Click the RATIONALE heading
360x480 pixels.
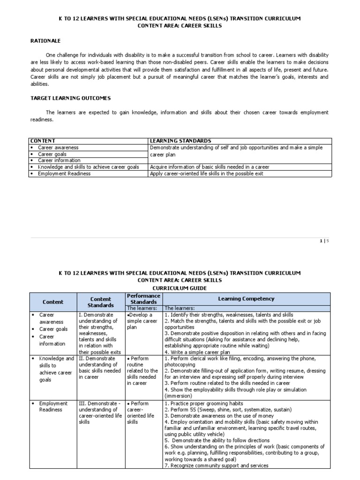click(x=45, y=41)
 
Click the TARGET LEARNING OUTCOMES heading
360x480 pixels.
click(x=71, y=98)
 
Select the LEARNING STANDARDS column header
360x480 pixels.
click(x=180, y=141)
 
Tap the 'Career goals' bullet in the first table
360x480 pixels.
click(x=52, y=154)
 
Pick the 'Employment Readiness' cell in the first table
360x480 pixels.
click(x=64, y=173)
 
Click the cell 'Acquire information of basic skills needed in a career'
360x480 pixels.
click(x=209, y=167)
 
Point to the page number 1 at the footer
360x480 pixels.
click(x=321, y=241)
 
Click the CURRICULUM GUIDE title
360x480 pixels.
click(x=180, y=287)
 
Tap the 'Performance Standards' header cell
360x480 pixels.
click(x=143, y=299)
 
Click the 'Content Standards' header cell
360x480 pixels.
click(x=100, y=302)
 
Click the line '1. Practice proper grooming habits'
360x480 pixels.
click(x=204, y=404)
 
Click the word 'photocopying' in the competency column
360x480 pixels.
click(x=180, y=365)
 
